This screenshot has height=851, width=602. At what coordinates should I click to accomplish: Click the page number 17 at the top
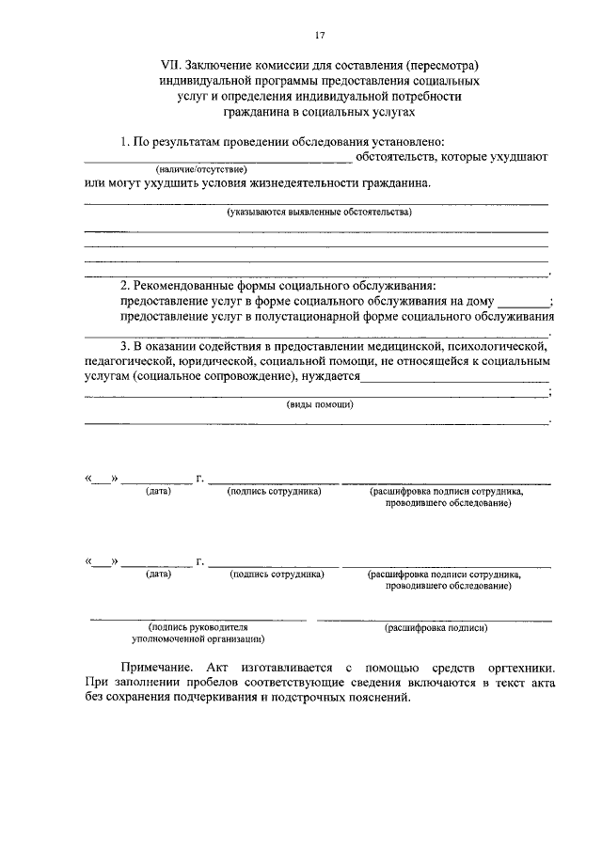(x=320, y=36)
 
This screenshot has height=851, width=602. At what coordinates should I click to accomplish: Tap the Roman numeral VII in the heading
(x=170, y=66)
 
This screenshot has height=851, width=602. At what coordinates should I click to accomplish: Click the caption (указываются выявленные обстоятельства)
(x=319, y=213)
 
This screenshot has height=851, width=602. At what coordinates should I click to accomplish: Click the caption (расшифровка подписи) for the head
(x=436, y=627)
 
